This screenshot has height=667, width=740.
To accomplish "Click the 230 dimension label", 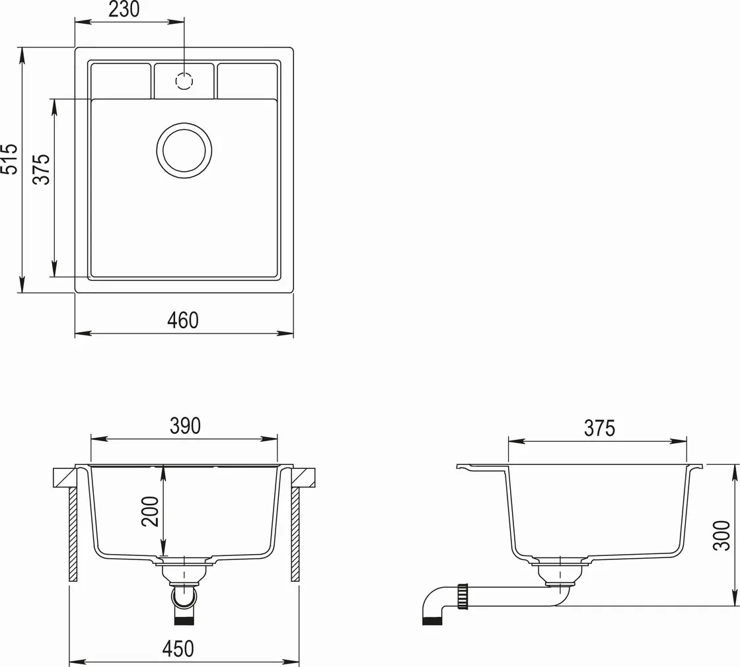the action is [x=124, y=9].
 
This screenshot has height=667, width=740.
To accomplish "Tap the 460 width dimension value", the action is [x=183, y=320].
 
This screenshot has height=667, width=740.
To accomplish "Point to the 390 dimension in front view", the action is [x=185, y=426].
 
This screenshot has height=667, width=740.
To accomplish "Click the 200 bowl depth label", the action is [x=151, y=511].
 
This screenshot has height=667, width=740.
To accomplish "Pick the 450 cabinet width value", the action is [x=178, y=649].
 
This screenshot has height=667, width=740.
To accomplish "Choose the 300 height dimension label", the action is [x=721, y=535].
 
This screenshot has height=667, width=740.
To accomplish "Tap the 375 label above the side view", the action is [x=599, y=429].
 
